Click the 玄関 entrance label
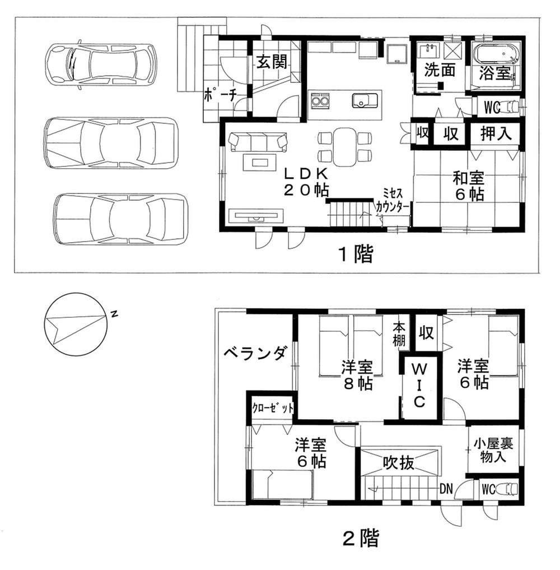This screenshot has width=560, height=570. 272,62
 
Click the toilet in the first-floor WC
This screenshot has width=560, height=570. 510,106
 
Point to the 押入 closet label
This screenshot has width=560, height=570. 495,135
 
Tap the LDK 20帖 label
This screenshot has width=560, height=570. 305,180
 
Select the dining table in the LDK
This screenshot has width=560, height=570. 344,146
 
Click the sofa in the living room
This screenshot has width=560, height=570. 258,141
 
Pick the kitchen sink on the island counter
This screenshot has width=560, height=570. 365,101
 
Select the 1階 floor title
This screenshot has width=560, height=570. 355,255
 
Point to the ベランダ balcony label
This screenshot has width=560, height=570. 256,353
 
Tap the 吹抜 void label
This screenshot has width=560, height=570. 399,463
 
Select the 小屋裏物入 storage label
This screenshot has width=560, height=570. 493,449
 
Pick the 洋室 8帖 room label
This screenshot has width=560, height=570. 357,377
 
